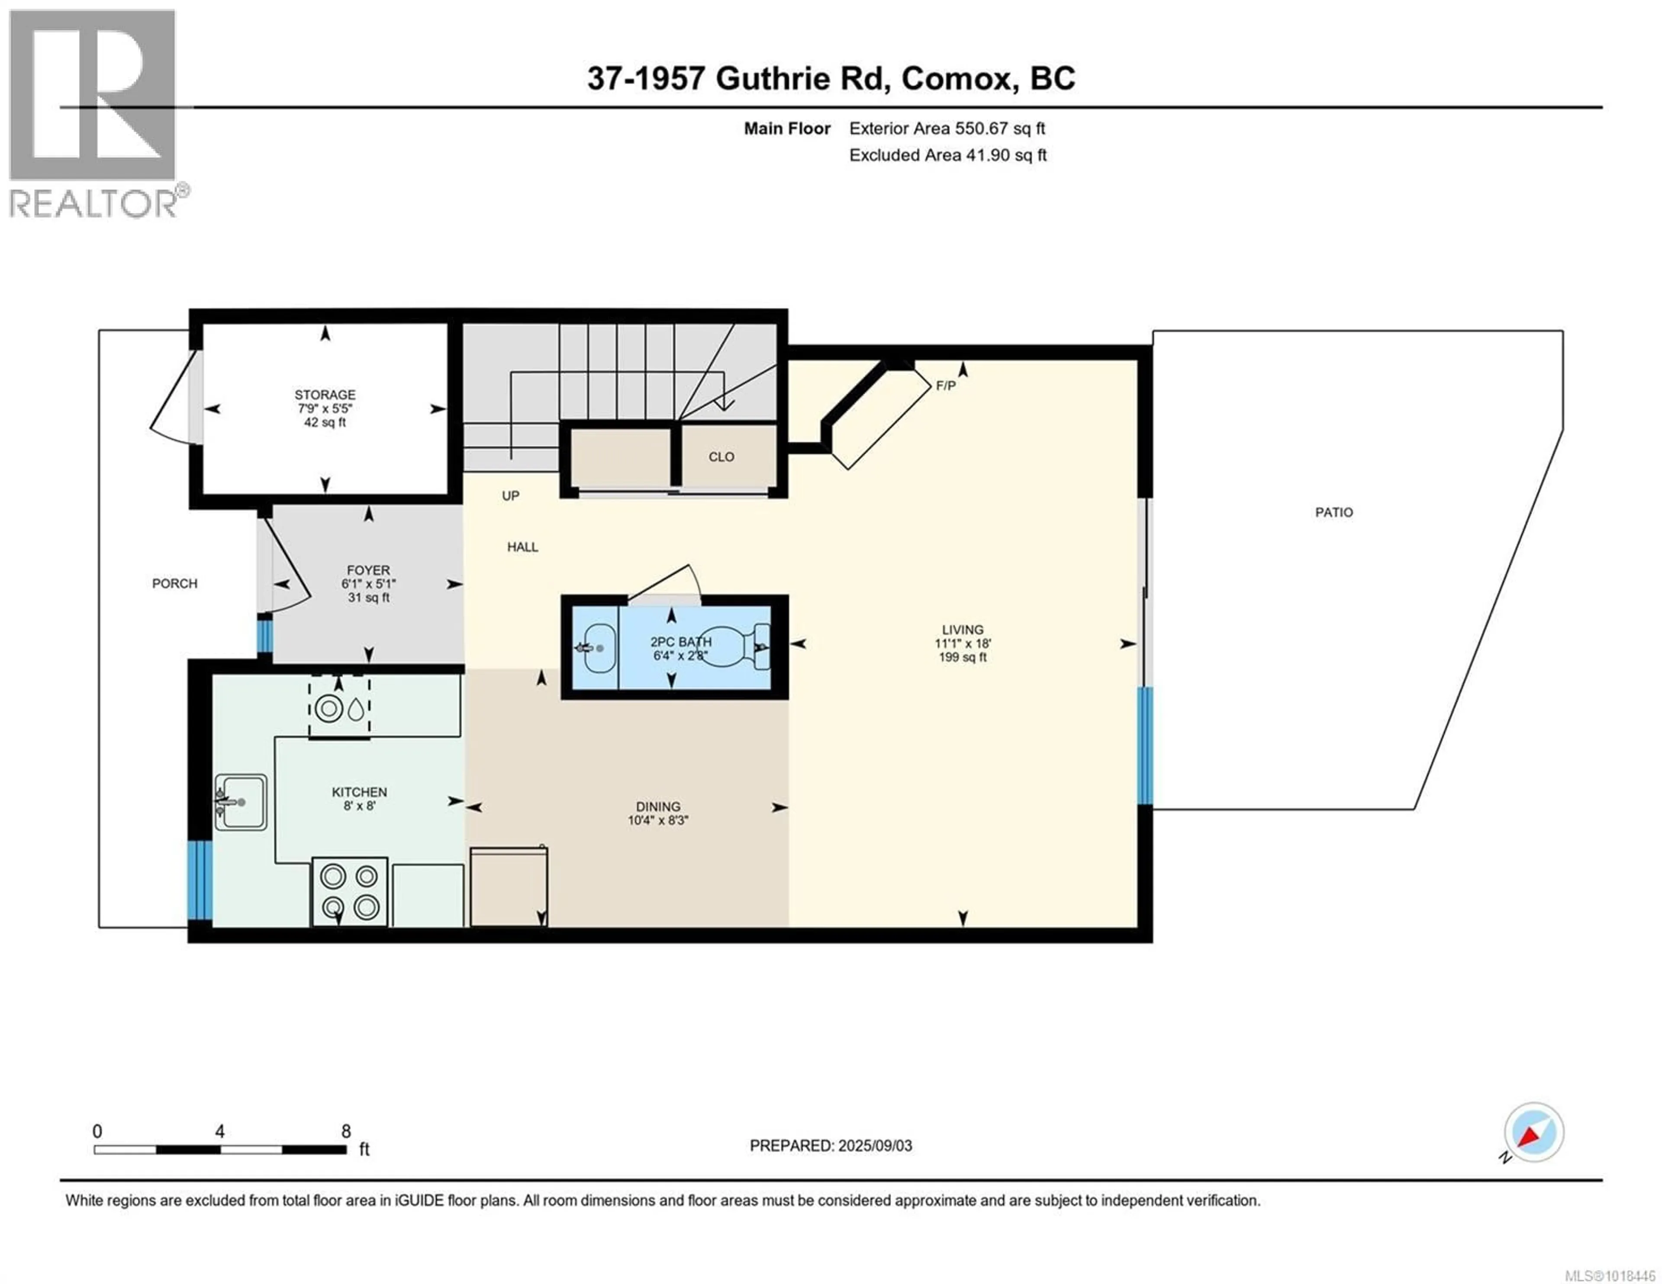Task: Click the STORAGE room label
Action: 325,394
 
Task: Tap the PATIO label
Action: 1334,512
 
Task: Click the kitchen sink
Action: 241,802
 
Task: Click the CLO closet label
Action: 721,457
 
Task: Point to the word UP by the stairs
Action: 511,496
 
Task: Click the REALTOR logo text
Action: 93,203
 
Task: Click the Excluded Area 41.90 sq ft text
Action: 947,155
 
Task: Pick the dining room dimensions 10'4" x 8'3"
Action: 658,821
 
